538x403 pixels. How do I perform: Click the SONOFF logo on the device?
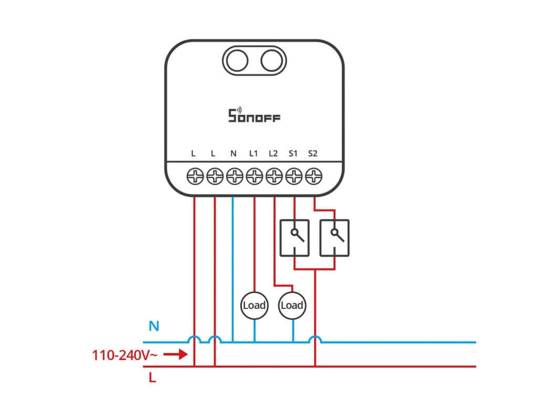point(254,115)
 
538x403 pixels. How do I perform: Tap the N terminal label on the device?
point(234,154)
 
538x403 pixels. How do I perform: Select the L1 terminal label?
point(253,154)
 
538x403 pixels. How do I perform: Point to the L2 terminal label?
point(273,154)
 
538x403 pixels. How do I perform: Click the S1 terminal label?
point(293,154)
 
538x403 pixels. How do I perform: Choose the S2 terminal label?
point(313,154)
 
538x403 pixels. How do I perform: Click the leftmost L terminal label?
point(194,154)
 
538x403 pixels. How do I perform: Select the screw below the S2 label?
point(314,177)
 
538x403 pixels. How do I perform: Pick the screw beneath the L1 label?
point(254,177)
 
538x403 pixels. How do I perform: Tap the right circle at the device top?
point(272,61)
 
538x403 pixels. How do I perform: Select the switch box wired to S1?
point(294,238)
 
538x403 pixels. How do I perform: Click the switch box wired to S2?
point(334,238)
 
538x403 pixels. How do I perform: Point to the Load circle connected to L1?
point(254,305)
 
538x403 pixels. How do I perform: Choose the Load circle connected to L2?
point(292,305)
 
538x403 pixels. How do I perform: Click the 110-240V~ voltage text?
point(125,355)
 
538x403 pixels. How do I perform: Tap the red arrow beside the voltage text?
point(175,355)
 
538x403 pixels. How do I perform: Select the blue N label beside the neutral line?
point(154,326)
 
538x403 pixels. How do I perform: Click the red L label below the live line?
point(152,378)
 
